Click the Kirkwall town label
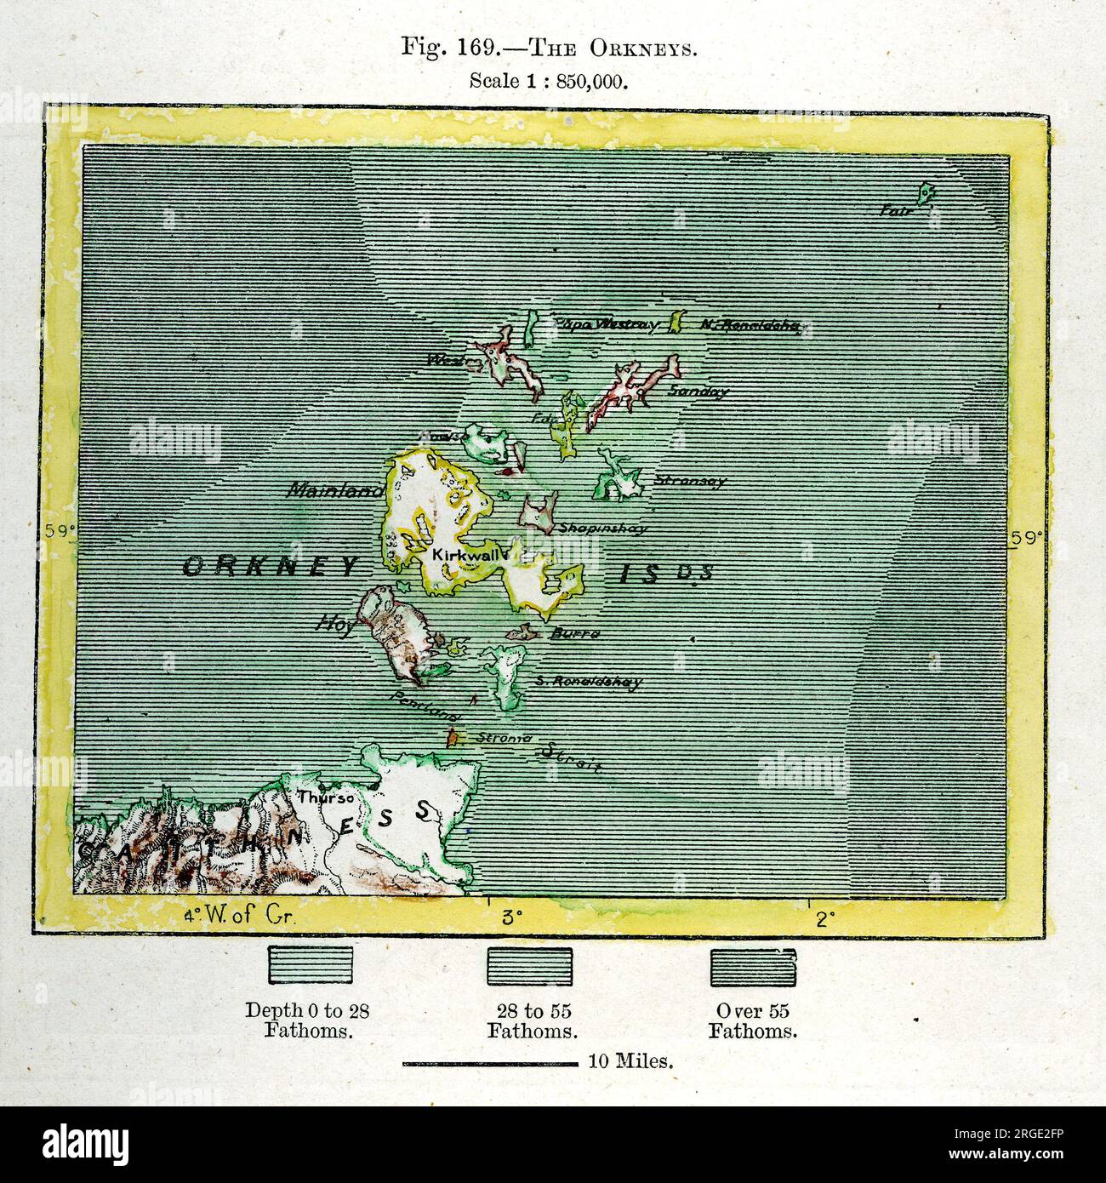point(460,553)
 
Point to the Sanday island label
point(698,392)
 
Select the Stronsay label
point(690,481)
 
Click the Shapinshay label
point(602,529)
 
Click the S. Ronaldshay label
point(589,682)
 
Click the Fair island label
point(896,209)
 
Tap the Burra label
point(576,634)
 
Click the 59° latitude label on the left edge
point(60,532)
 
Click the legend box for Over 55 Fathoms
point(754,967)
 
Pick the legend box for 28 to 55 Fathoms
point(530,967)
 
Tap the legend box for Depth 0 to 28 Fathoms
point(311,967)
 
